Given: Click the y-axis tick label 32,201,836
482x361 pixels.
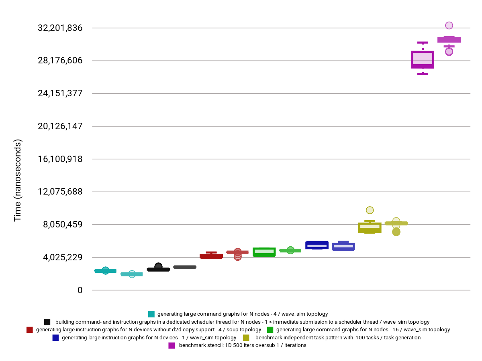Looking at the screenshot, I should point(60,28).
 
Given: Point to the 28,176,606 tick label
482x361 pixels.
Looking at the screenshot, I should point(60,61).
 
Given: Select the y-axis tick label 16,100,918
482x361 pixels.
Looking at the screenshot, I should point(60,159).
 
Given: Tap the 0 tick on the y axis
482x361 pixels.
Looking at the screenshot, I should point(80,290).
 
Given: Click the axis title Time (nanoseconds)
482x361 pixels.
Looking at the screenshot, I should point(18,180).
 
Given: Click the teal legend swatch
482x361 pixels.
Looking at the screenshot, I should point(151,314).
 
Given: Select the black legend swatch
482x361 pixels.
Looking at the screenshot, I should point(47,322).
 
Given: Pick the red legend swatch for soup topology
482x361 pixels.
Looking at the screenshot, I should point(29,330).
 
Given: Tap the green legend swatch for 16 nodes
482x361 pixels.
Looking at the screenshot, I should point(270,330).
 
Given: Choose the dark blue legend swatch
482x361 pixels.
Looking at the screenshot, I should point(55,338).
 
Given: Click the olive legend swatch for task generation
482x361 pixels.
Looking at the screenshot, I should point(246,338).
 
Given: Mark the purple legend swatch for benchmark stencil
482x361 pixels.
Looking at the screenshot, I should point(172,345).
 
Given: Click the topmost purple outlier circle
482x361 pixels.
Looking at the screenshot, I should point(449,25).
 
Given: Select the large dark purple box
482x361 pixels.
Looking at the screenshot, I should point(423,60).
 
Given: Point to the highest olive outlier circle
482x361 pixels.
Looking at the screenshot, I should point(370,210).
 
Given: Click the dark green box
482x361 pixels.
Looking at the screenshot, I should point(264,252).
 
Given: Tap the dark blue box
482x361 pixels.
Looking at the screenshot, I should point(317,245).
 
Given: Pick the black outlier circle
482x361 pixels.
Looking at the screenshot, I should point(158,266).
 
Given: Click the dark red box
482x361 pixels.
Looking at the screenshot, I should point(211,256).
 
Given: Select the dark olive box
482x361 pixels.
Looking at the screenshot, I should point(370,227).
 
